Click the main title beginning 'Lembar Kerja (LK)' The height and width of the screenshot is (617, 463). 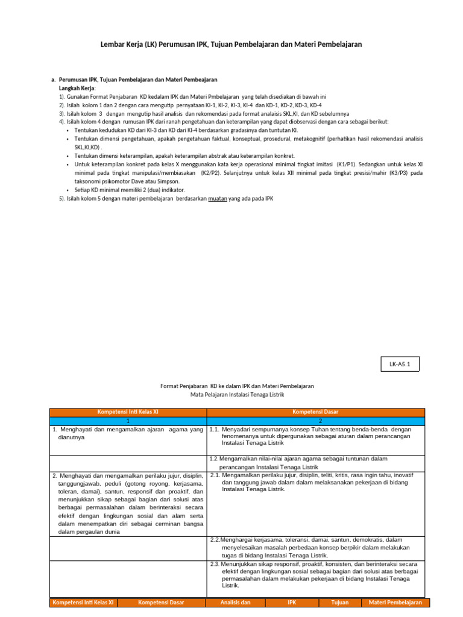tap(231, 45)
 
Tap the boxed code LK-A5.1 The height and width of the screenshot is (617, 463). tap(399, 365)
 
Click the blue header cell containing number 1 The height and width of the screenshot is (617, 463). tap(127, 421)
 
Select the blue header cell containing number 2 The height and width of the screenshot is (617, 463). tap(316, 421)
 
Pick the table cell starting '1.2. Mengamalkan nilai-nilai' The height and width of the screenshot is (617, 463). tap(316, 462)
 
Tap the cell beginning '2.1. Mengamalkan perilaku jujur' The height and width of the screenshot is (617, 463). tap(316, 482)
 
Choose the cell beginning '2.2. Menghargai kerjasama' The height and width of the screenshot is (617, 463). tap(316, 547)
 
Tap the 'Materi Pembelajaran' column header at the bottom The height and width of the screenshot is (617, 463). tap(395, 603)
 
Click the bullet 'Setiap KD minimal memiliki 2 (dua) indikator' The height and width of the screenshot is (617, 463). tap(125, 190)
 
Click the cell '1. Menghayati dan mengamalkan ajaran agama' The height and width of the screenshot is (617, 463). tap(127, 433)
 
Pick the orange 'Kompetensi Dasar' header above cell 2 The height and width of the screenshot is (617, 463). tap(316, 412)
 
